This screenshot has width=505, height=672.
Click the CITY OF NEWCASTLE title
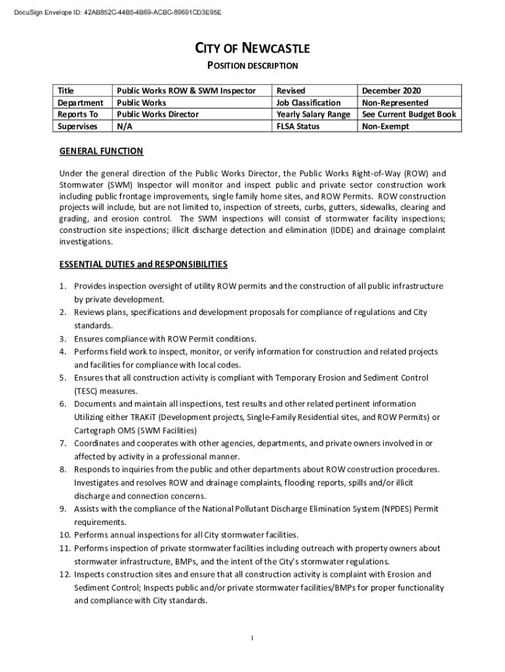point(253,49)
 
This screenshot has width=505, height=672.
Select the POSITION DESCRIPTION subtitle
point(253,66)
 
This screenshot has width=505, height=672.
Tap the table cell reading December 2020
point(392,91)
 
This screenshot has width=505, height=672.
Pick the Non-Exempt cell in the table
point(386,126)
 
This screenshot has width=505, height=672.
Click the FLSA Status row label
point(298,126)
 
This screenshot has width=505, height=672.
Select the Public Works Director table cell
point(157,114)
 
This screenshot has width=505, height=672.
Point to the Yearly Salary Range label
point(313,114)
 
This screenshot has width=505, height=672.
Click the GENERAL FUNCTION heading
point(101,152)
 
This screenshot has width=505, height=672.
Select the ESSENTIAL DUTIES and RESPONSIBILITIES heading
point(144,264)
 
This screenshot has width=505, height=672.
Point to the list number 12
point(65,574)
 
